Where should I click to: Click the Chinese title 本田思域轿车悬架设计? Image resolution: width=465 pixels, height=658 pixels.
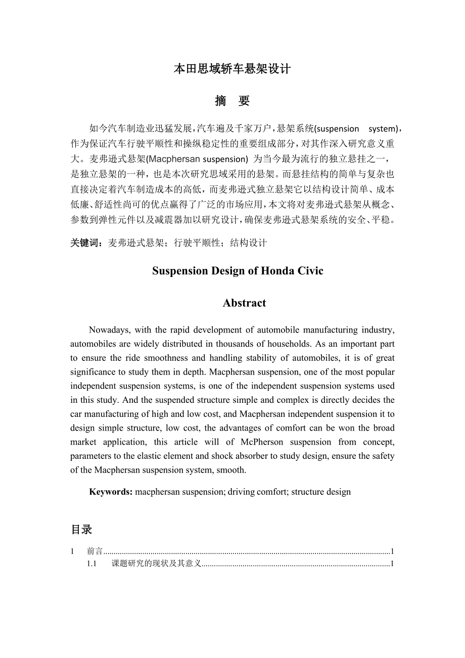[x=232, y=69]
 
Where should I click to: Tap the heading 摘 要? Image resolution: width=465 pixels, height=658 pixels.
[x=232, y=101]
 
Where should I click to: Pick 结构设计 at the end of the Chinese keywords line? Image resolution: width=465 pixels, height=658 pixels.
[x=248, y=243]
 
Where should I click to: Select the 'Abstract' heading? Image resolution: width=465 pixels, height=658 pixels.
[x=244, y=303]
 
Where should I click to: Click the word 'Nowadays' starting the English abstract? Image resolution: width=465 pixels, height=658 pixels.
[x=108, y=330]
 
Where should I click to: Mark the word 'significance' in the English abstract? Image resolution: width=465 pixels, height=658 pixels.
[x=94, y=372]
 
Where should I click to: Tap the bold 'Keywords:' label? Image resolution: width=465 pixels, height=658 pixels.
[x=111, y=492]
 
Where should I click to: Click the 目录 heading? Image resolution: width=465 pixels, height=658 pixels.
[x=81, y=530]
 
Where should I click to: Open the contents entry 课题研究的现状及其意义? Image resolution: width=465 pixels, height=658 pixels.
[x=157, y=563]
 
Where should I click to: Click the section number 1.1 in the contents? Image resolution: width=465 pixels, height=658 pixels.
[x=91, y=563]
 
